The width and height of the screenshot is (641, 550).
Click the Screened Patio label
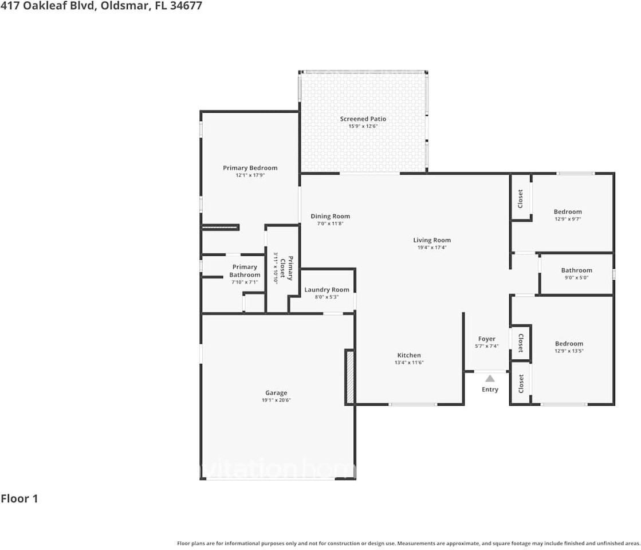[363, 119]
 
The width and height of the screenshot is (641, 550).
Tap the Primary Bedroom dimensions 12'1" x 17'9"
[250, 175]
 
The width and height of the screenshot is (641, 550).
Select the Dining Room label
[330, 217]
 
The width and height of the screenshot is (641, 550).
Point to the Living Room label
[432, 241]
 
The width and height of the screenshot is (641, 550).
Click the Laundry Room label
[327, 290]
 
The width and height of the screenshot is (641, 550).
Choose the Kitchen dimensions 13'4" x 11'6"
[409, 363]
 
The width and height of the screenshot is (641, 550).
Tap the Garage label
[276, 393]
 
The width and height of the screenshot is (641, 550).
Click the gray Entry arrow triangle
[490, 378]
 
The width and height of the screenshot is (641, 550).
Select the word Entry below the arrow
[490, 390]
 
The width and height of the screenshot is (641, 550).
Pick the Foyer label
[486, 339]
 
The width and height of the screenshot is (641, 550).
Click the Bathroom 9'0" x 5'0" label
[576, 270]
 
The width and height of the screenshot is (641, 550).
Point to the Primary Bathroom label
[245, 271]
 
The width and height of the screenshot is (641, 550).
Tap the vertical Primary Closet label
[286, 268]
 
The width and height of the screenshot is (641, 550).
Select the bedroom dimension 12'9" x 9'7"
[567, 219]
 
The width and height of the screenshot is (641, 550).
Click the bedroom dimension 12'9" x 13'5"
[568, 351]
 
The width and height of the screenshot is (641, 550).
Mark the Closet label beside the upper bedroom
[520, 198]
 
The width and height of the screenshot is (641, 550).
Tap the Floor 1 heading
[19, 498]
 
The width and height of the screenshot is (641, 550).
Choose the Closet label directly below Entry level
[520, 383]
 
